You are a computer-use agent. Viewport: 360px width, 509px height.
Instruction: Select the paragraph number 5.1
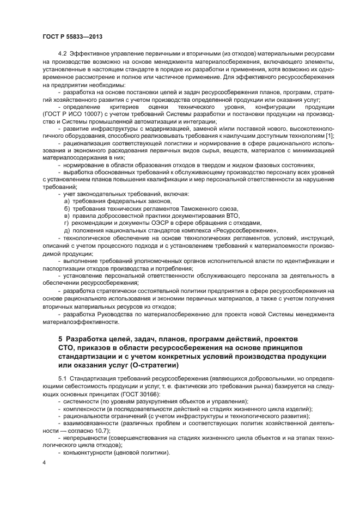coord(63,378)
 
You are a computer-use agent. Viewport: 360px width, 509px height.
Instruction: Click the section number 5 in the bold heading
coord(60,340)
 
